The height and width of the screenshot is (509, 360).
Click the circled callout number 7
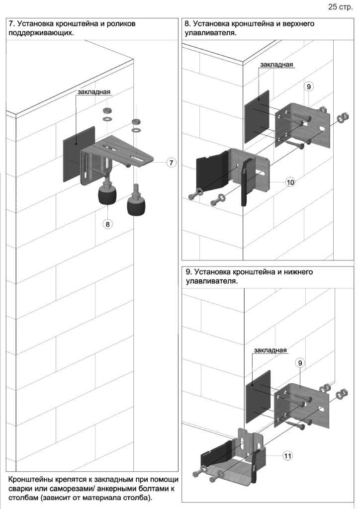(171, 163)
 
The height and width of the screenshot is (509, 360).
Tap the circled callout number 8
(107, 224)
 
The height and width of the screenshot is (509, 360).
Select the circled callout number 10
(290, 182)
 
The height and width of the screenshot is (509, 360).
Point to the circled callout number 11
(287, 454)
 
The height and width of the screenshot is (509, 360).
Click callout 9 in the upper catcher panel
(309, 86)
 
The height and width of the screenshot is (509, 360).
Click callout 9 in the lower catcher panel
(300, 363)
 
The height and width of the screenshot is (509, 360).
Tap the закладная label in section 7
(93, 92)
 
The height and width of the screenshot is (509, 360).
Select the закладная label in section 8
(276, 65)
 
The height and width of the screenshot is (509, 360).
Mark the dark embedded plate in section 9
(258, 396)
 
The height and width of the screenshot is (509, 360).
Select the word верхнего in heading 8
(296, 23)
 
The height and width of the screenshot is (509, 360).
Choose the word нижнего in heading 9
(295, 272)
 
